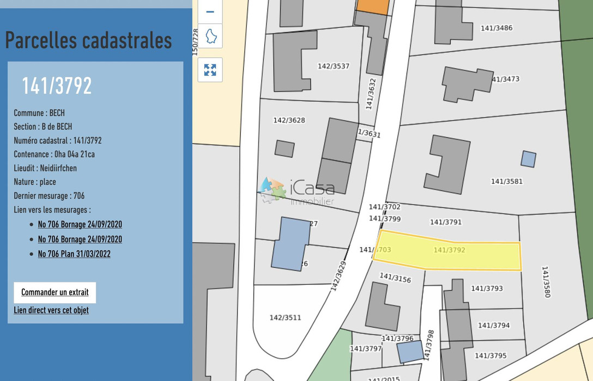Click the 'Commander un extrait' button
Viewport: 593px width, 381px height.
point(55,292)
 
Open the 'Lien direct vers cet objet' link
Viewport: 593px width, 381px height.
point(51,310)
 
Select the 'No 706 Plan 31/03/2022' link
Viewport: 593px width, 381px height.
point(74,254)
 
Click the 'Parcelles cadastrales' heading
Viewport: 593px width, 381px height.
point(88,40)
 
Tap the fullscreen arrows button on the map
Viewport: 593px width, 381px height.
point(210,70)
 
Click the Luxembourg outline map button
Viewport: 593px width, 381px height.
point(210,36)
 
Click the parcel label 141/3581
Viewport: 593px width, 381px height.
point(506,181)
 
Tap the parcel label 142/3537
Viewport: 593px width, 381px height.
point(333,66)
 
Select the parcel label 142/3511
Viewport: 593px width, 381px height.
point(285,317)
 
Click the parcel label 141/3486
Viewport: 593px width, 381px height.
point(496,28)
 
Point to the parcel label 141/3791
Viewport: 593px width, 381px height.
point(445,222)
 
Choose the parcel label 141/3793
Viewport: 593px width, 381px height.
point(487,288)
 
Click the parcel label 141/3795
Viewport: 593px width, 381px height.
point(491,355)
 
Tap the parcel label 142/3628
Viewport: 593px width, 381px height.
point(289,120)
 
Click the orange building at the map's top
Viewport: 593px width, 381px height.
point(373,7)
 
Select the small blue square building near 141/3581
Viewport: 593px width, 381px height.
point(528,159)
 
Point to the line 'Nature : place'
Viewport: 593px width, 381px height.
point(35,182)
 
